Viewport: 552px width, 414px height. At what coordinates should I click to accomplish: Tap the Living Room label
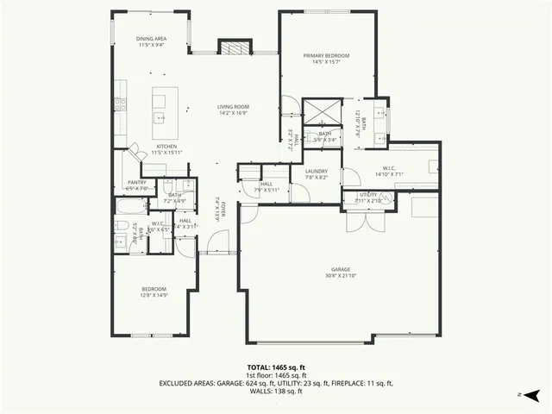tap(233, 108)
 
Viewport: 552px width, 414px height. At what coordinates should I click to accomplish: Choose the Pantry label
tap(136, 183)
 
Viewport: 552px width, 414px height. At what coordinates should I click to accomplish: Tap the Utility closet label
tap(368, 197)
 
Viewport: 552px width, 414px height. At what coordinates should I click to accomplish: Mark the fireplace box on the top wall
tap(233, 48)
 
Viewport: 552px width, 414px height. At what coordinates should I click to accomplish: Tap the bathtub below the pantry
tap(131, 208)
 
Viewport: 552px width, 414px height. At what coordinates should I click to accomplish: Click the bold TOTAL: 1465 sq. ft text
tap(276, 367)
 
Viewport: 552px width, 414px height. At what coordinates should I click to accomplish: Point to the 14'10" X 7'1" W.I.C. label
tap(389, 170)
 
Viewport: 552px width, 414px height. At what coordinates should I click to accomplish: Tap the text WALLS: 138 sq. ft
tap(276, 391)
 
